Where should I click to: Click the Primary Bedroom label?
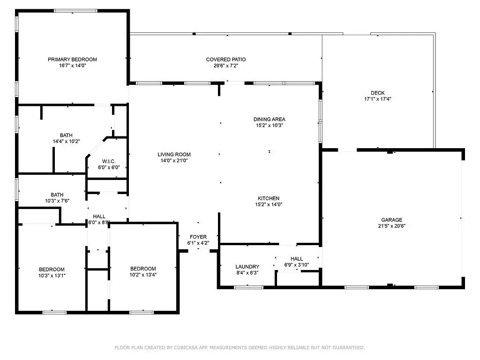[x=72, y=60]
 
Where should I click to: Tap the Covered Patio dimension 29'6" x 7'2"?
[x=226, y=66]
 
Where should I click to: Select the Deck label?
[x=378, y=93]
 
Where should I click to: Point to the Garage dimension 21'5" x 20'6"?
[x=392, y=226]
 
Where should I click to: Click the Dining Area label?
[x=270, y=119]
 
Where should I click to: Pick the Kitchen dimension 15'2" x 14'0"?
[x=269, y=204]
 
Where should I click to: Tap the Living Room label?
[x=174, y=155]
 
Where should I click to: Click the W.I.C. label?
[x=109, y=161]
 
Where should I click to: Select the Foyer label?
[x=198, y=237]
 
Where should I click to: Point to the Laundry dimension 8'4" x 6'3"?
[x=247, y=273]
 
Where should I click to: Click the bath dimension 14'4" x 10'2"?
[x=67, y=142]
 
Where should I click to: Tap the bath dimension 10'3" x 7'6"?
[x=57, y=201]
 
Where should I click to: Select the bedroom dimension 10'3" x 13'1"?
[x=52, y=276]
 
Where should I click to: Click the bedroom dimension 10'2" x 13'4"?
[x=143, y=275]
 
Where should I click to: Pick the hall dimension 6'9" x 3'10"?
[x=297, y=265]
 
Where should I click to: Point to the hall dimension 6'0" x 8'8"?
[x=99, y=223]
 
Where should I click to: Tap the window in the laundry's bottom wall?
[x=248, y=287]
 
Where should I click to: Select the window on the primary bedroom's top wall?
[x=75, y=11]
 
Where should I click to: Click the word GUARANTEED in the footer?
[x=349, y=347]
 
